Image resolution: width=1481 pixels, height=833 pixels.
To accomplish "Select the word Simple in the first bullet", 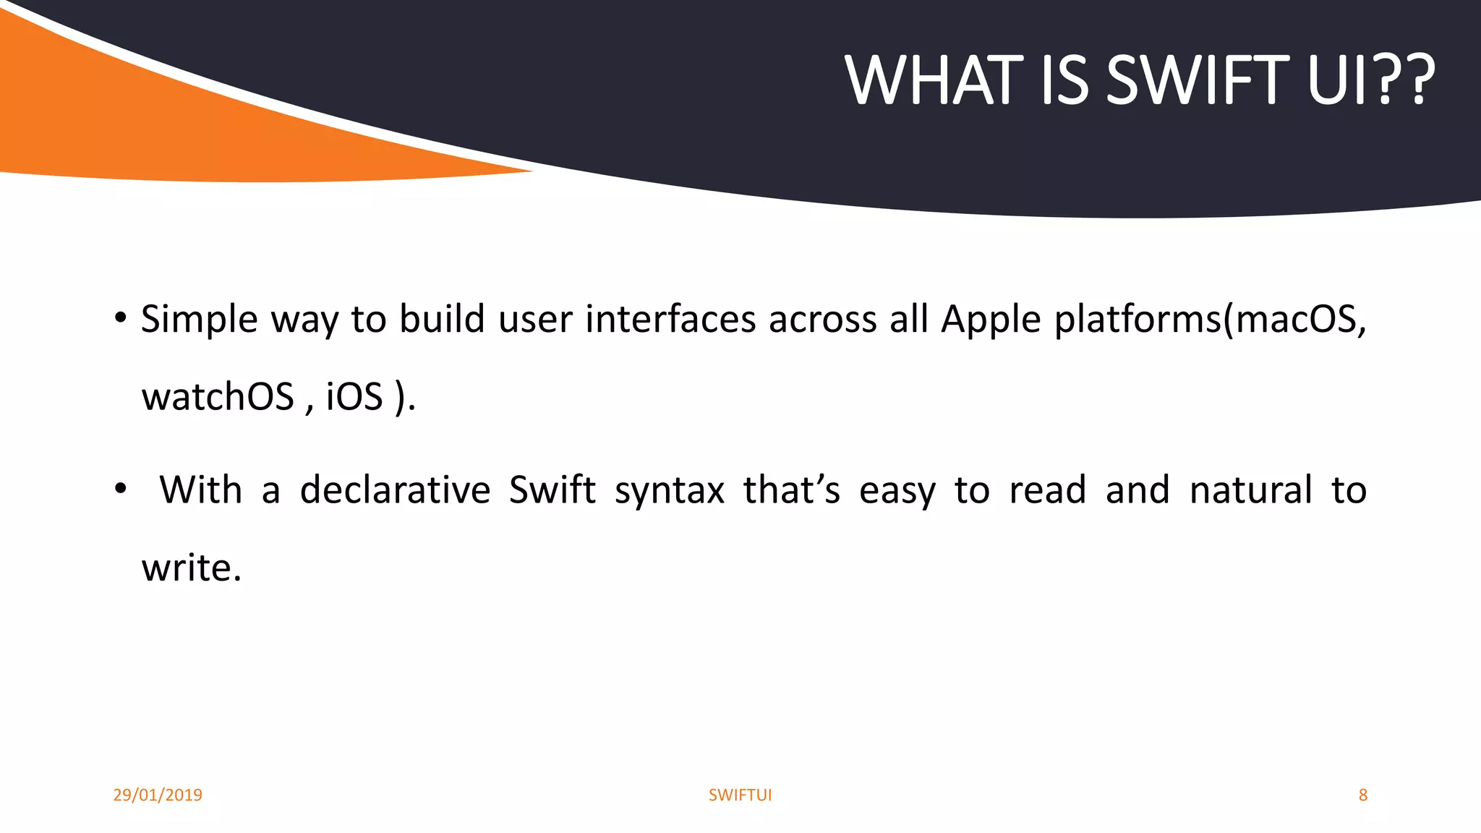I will tap(199, 319).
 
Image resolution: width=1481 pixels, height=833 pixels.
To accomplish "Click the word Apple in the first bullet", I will tap(991, 319).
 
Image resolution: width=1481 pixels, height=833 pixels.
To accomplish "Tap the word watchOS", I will tap(218, 397).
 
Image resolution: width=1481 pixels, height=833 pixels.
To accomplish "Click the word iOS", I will tap(354, 397).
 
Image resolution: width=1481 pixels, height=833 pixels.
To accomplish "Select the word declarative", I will tap(395, 490).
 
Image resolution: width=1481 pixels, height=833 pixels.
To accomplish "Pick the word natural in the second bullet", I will tap(1250, 490).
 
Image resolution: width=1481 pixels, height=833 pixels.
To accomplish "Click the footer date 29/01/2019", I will tap(158, 795).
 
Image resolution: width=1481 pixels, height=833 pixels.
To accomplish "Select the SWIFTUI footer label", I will tap(740, 795).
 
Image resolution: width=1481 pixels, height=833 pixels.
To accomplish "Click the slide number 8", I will tap(1362, 795).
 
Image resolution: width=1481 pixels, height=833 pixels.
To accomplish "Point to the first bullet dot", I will tap(121, 317).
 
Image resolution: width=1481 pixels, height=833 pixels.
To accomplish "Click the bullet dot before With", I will tap(121, 490).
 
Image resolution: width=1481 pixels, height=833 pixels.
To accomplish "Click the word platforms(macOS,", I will tap(1210, 319).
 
